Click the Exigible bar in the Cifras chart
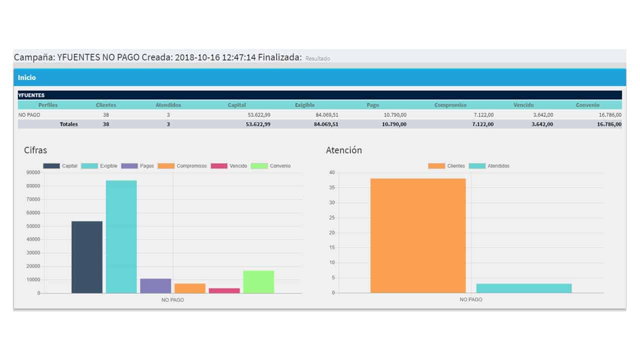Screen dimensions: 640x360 [121, 236]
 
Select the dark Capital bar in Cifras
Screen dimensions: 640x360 [87, 257]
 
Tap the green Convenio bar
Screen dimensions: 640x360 [258, 281]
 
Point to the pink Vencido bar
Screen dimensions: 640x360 [224, 290]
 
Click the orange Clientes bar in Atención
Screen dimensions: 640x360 [418, 235]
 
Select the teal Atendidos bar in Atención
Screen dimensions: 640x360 [524, 288]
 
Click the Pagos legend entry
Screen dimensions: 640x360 [137, 166]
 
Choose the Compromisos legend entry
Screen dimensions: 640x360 [182, 166]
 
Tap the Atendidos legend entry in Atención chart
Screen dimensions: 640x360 [489, 166]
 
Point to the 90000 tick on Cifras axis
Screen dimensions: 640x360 [33, 172]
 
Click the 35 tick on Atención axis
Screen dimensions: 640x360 [331, 187]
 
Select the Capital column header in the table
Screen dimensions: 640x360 [236, 105]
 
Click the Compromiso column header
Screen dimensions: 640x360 [450, 105]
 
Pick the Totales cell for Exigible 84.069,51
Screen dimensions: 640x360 [326, 124]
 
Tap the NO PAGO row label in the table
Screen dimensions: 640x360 [29, 115]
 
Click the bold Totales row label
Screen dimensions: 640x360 [68, 124]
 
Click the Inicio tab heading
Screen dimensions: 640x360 [27, 77]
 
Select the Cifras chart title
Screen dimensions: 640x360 [35, 150]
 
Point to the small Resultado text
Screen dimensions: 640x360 [317, 58]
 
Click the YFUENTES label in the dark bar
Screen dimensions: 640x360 [31, 95]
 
